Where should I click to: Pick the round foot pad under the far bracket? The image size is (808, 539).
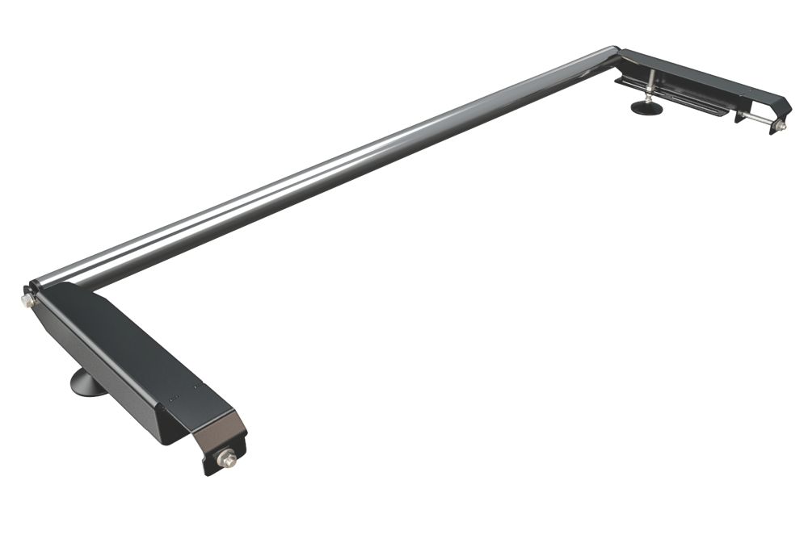[x=646, y=107]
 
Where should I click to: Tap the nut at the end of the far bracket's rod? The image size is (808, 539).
[x=780, y=126]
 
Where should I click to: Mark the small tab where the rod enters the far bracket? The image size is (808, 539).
[x=740, y=115]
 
